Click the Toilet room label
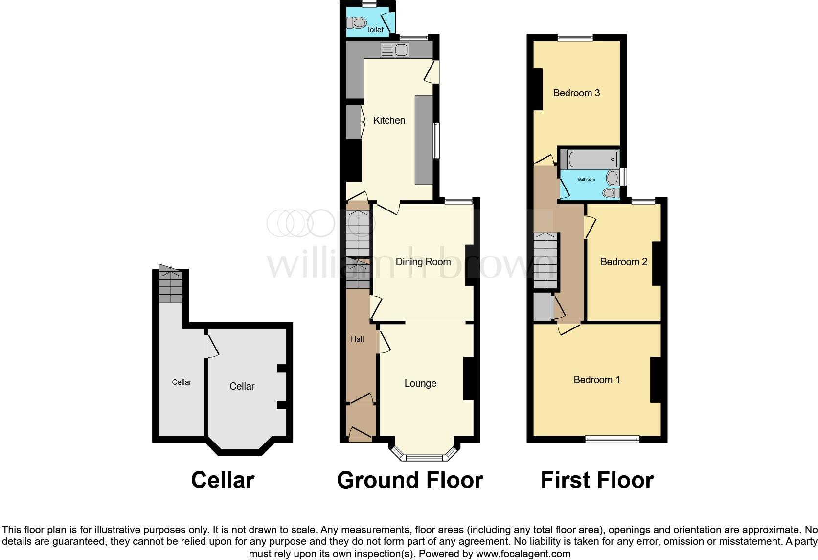coord(375,30)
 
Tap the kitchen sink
coord(394,50)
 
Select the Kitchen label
coord(389,120)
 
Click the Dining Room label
coord(423,262)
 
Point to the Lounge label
coord(420,383)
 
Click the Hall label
coord(357,339)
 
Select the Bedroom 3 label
coord(576,93)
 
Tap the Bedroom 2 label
coord(623,262)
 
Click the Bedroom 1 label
coord(596,380)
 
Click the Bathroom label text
coord(587,180)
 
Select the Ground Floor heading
coord(409,480)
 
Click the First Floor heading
coord(597,480)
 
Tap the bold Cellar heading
coord(223,480)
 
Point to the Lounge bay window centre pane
coord(424,458)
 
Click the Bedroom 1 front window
coord(612,439)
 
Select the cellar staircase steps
coord(171,286)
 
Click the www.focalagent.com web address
coord(523,554)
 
